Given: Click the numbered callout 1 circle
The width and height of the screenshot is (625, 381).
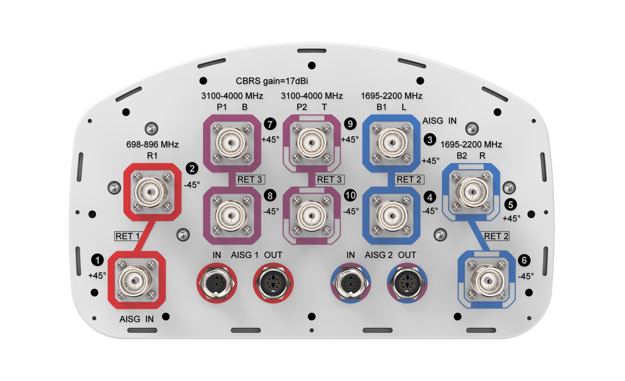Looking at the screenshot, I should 97,260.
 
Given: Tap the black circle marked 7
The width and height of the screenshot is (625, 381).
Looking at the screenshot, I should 270,124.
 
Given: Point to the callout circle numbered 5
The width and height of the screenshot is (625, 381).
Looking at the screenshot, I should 511,204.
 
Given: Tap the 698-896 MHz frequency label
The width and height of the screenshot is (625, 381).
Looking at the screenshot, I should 152,144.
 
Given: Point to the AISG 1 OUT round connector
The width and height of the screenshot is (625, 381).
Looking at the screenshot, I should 273,283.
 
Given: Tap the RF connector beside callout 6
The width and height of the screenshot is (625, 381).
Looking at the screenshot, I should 486,281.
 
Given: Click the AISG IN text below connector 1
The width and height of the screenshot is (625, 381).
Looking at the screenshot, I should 136,319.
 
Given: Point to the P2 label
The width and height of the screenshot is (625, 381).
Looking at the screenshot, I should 302,107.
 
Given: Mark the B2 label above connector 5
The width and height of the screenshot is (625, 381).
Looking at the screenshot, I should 462,156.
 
